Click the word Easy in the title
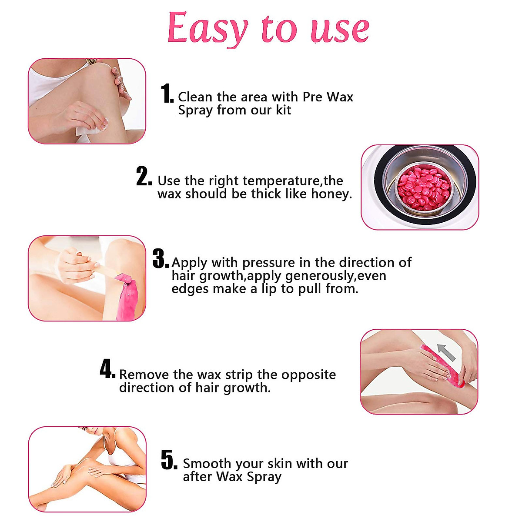[207, 29]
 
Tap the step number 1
[167, 94]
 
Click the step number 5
[169, 460]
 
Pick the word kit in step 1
[283, 110]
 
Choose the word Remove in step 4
[144, 375]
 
